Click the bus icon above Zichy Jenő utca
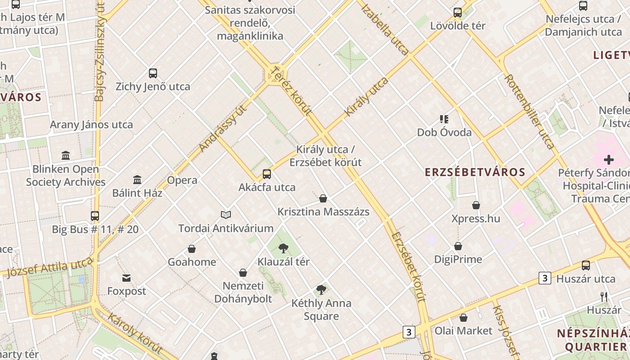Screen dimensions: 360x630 (153, 73)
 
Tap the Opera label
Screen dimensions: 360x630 (182, 180)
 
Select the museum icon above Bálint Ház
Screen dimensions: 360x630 (137, 180)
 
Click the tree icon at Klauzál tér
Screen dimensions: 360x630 (283, 248)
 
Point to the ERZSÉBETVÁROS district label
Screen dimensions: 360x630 (475, 172)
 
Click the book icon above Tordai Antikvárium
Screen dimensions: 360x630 (225, 215)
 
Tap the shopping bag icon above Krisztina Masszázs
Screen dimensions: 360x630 (323, 198)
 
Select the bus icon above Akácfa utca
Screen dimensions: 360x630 (267, 174)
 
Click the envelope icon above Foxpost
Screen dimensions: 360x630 (126, 278)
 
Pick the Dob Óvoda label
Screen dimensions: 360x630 (444, 132)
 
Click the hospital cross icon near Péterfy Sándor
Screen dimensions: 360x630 (609, 159)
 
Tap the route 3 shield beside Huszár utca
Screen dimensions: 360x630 (545, 278)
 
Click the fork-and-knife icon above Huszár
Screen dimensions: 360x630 (604, 297)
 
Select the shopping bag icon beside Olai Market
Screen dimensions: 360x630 (463, 318)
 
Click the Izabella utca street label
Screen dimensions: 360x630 (385, 29)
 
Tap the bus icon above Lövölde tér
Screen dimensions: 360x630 (458, 13)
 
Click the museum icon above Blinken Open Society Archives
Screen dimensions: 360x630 (66, 156)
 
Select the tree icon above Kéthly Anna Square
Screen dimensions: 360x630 (321, 289)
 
